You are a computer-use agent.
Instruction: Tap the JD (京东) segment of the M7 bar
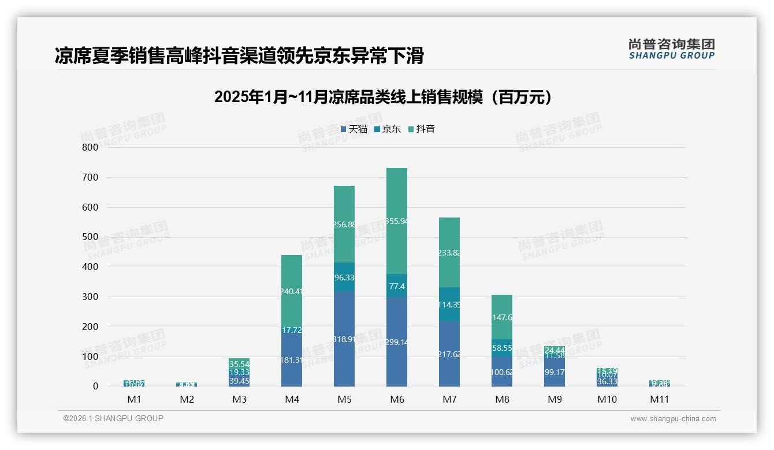449,305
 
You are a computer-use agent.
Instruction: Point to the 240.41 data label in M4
292,291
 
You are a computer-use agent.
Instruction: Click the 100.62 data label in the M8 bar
501,372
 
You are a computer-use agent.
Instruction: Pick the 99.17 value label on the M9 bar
554,372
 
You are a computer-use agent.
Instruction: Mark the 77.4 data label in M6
396,286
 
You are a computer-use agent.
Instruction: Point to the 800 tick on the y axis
90,147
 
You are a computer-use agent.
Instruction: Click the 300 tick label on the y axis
90,297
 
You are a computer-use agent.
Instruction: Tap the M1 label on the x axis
134,399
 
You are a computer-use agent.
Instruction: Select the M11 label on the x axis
659,399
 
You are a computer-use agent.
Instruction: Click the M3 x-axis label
239,399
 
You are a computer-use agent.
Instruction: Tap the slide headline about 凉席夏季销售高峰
239,55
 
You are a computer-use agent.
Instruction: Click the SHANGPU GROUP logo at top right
671,49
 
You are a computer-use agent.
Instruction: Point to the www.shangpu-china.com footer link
673,419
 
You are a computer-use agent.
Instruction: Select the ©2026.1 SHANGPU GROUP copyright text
113,418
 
